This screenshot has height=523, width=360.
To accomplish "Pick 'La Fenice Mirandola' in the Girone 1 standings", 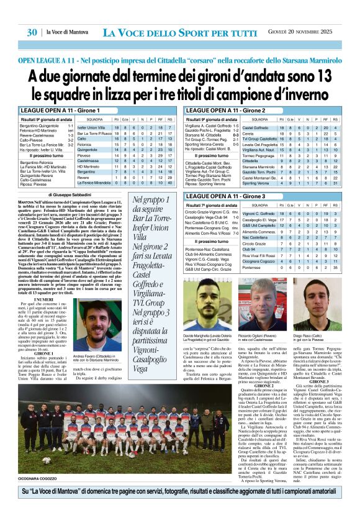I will tap(94, 183).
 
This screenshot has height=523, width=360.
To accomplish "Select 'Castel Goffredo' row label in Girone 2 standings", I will tap(256, 127).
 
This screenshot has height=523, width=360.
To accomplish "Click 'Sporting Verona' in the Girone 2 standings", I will tap(256, 183).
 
